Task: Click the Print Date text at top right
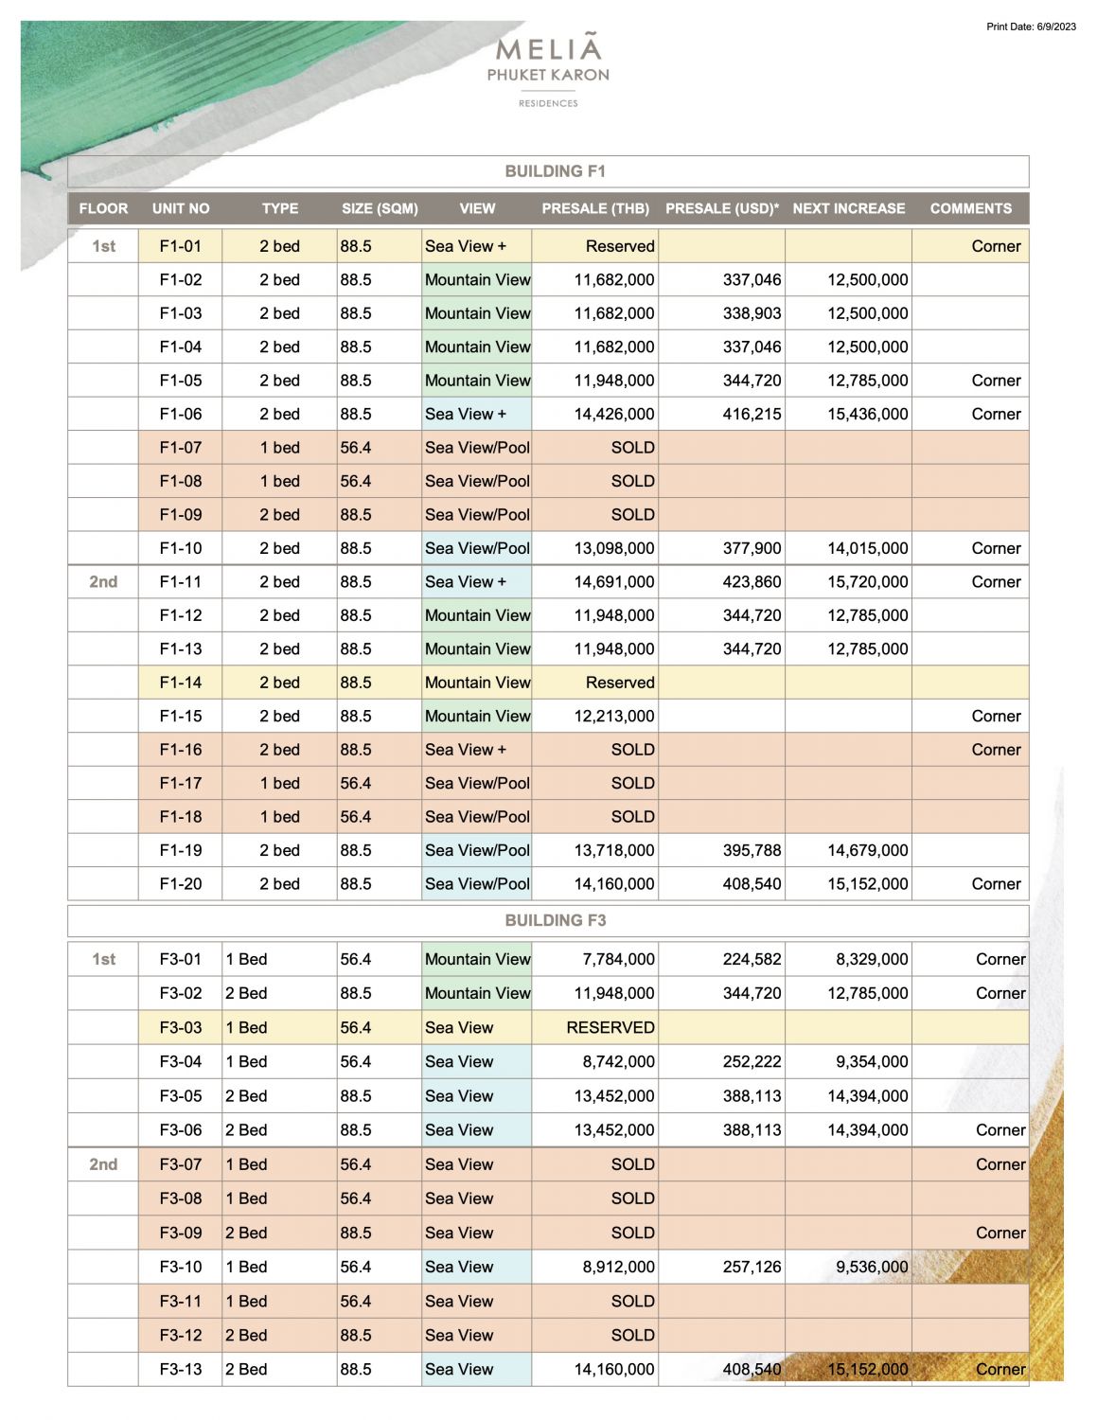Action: [1031, 27]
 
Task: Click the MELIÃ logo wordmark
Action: [548, 48]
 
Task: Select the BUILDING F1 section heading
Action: [555, 171]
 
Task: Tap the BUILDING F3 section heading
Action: [555, 920]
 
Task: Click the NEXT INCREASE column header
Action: [848, 208]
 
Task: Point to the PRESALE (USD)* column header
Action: [722, 208]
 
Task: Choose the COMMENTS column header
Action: [970, 208]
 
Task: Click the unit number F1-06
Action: [180, 414]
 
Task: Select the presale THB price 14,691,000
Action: [613, 582]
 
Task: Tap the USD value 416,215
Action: [752, 414]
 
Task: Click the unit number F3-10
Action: [180, 1267]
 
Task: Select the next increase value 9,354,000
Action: [871, 1061]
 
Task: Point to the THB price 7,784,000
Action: [617, 959]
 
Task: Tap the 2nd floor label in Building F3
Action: [103, 1164]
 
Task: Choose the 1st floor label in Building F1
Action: [103, 246]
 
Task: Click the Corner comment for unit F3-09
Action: [1000, 1233]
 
